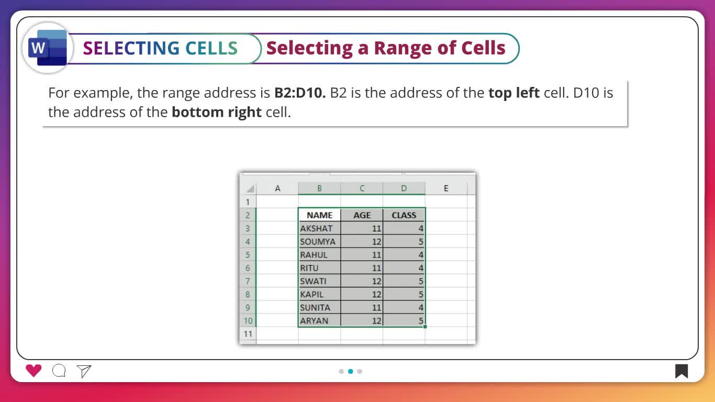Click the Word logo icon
pyautogui.click(x=48, y=48)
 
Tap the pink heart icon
pyautogui.click(x=33, y=371)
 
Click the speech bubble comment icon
pyautogui.click(x=59, y=371)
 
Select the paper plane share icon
pyautogui.click(x=84, y=371)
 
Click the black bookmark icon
pyautogui.click(x=682, y=371)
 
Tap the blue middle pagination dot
pyautogui.click(x=351, y=371)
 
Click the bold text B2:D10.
pyautogui.click(x=300, y=93)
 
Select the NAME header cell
pyautogui.click(x=319, y=215)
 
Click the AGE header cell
pyautogui.click(x=362, y=215)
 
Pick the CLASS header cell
pyautogui.click(x=404, y=215)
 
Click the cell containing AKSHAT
pyautogui.click(x=319, y=228)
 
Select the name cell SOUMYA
pyautogui.click(x=319, y=241)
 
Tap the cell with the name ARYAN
pyautogui.click(x=319, y=320)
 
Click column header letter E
pyautogui.click(x=446, y=188)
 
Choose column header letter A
pyautogui.click(x=277, y=188)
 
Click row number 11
pyautogui.click(x=248, y=334)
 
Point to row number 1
pyautogui.click(x=248, y=202)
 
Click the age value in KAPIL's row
pyautogui.click(x=362, y=294)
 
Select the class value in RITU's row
pyautogui.click(x=404, y=268)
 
